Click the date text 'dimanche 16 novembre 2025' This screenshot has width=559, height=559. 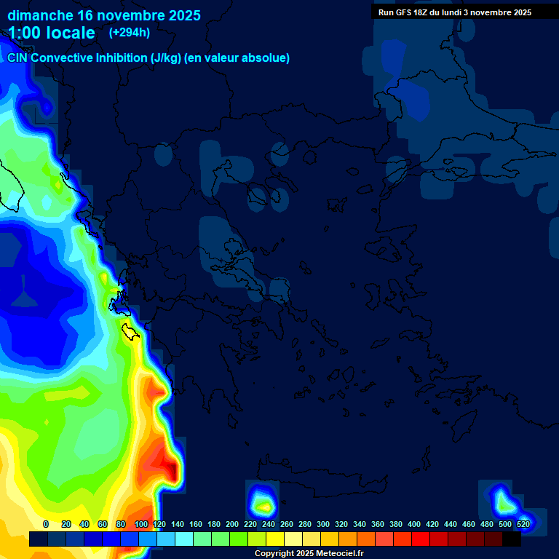[x=104, y=15]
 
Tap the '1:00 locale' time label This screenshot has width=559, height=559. [x=52, y=33]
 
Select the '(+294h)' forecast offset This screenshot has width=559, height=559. [x=129, y=33]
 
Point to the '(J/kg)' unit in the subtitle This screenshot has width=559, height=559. [x=168, y=58]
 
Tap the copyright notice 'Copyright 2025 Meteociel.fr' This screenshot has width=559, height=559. [x=309, y=553]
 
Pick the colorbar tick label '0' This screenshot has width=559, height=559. [x=46, y=524]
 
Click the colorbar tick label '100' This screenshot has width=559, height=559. [x=141, y=524]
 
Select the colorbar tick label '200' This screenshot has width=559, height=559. [x=232, y=524]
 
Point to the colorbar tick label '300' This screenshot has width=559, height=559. [x=323, y=524]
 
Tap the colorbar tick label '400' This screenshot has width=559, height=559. [x=414, y=524]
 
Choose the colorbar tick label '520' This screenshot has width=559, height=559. [x=523, y=524]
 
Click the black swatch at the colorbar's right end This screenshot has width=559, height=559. [x=512, y=539]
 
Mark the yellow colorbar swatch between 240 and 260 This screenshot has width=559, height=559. [x=275, y=539]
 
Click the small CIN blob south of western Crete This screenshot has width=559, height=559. [x=261, y=501]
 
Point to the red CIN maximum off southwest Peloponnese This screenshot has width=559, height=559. [x=169, y=466]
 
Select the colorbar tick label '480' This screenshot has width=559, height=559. [x=487, y=524]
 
